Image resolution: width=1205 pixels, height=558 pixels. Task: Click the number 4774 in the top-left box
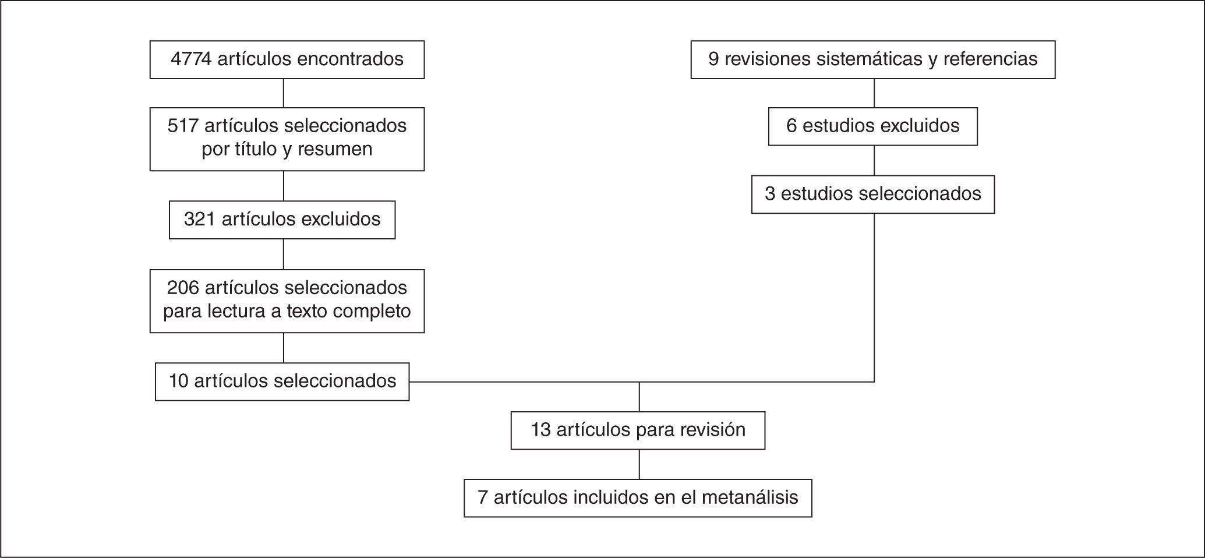[191, 59]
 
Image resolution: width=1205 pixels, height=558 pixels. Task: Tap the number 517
[182, 126]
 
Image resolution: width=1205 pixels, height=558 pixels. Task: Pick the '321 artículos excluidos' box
[282, 220]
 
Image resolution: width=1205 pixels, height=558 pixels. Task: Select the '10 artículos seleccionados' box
[282, 382]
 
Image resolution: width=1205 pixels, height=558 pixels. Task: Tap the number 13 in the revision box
[540, 430]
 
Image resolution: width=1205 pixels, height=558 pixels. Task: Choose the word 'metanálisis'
[750, 497]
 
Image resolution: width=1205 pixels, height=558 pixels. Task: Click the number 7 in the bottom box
[482, 497]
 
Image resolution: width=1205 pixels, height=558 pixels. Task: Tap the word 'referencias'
[990, 59]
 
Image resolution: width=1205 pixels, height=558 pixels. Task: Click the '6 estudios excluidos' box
[872, 126]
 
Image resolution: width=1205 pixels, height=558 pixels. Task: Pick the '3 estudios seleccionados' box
[872, 194]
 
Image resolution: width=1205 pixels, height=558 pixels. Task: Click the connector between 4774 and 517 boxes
[284, 93]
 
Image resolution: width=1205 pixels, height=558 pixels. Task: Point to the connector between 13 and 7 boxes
[639, 464]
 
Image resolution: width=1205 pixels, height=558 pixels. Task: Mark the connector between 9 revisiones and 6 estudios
[874, 93]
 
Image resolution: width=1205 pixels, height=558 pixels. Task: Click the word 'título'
[253, 149]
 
